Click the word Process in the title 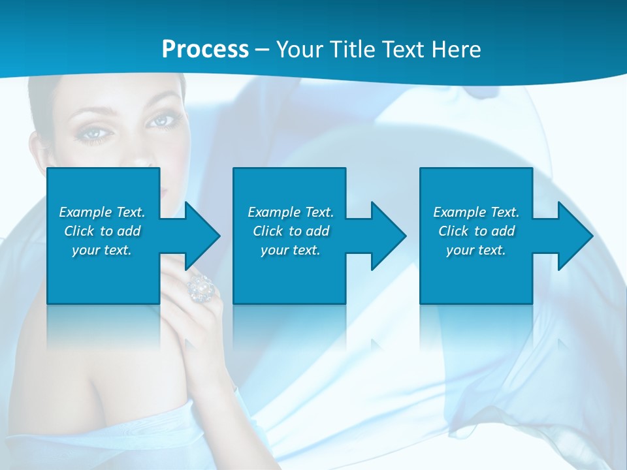pos(205,50)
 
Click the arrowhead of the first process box pos(202,236)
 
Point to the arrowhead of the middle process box pos(389,236)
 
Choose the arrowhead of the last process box pos(575,236)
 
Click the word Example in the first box pos(86,212)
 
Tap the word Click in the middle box pos(268,231)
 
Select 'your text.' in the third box pos(475,250)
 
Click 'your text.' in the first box pos(101,250)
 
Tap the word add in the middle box pos(317,231)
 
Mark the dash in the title pos(262,50)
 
